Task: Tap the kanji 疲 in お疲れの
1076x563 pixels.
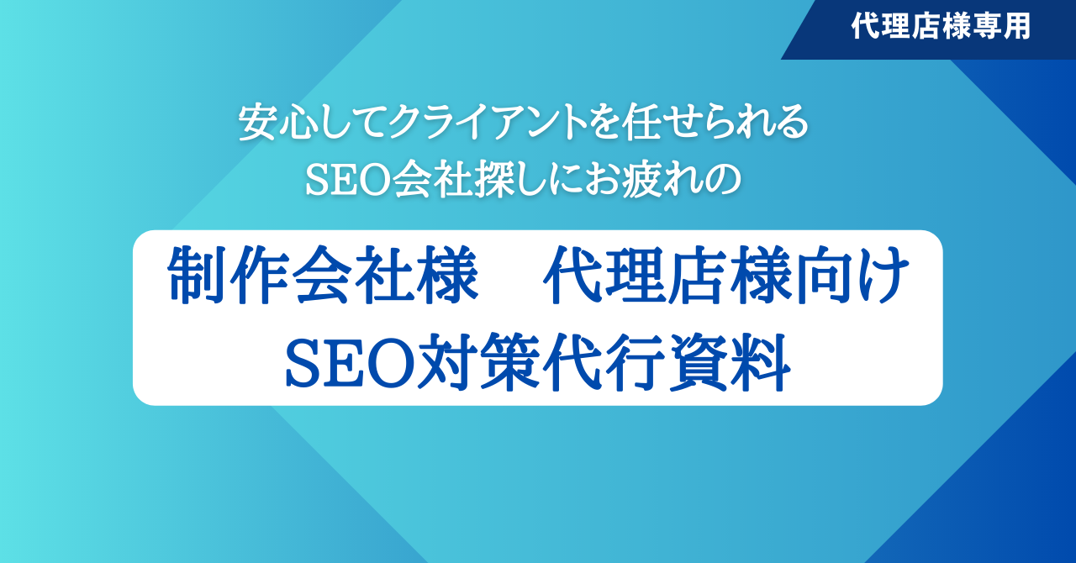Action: [642, 179]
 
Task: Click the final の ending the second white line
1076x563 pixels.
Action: [721, 181]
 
